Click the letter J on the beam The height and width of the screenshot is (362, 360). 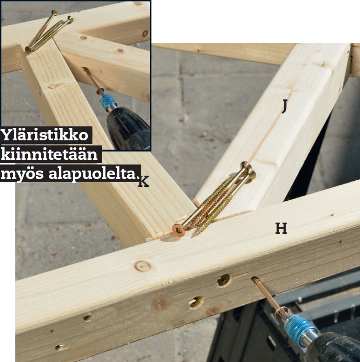[285, 106]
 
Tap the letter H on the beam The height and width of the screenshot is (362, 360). [281, 228]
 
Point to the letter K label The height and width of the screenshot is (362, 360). [144, 181]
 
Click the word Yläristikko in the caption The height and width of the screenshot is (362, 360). [44, 135]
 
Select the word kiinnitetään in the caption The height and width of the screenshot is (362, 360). [49, 154]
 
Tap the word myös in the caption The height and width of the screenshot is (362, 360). [22, 174]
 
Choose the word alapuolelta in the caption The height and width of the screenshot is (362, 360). [92, 174]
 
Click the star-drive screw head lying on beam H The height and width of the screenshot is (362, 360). [179, 230]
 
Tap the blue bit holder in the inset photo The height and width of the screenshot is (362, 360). [108, 102]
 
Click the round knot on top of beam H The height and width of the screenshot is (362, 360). [143, 266]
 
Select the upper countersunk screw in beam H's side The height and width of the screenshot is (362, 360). [224, 281]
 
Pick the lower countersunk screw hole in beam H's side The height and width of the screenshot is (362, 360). [196, 303]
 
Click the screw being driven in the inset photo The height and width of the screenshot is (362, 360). [92, 79]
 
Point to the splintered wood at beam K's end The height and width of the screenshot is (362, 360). [156, 236]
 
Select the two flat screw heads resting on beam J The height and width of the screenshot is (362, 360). [249, 171]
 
